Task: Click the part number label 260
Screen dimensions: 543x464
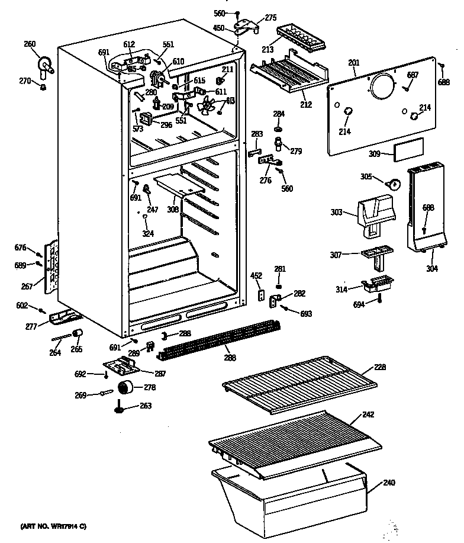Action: click(x=30, y=44)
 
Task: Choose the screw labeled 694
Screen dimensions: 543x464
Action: click(x=380, y=301)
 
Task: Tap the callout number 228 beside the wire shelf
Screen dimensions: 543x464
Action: click(x=380, y=367)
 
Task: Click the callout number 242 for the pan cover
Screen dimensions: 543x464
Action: click(x=368, y=415)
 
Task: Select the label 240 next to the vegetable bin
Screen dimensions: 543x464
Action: click(x=388, y=483)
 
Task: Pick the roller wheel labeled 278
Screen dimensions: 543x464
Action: click(x=125, y=388)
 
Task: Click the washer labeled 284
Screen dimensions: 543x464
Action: click(x=279, y=128)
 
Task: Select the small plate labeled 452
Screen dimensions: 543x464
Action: click(x=259, y=294)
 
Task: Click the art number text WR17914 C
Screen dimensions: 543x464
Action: click(x=53, y=525)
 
